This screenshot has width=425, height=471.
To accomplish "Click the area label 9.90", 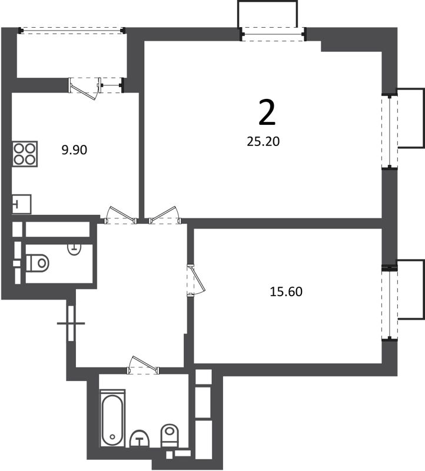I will (74, 150).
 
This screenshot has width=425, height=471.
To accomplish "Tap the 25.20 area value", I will (267, 141).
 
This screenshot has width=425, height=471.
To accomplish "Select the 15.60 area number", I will (286, 291).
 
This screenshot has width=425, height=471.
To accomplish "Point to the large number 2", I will (267, 113).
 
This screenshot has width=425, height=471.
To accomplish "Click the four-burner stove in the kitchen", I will (25, 153).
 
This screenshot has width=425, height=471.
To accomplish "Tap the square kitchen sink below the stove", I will (22, 204).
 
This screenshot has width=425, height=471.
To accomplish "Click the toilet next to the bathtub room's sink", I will (170, 436).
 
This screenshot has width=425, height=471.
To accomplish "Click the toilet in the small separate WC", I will (36, 263).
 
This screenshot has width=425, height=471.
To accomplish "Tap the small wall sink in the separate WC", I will (74, 248).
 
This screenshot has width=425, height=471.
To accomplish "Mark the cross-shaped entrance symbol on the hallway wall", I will (71, 323).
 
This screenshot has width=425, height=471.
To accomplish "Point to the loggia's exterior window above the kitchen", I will (71, 30).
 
